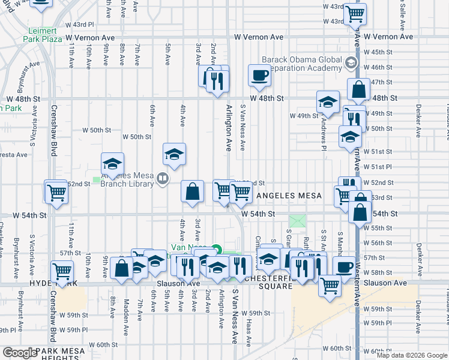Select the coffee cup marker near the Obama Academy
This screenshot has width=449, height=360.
point(259,76)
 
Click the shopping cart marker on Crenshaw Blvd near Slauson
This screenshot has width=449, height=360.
point(62,271)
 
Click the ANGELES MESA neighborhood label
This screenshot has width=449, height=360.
point(289,196)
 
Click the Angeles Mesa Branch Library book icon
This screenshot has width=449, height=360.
point(162,179)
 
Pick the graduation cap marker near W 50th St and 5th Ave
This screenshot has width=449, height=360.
point(174,155)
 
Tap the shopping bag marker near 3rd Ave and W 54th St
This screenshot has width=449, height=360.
point(191,192)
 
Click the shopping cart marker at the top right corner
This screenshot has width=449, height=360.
point(355,13)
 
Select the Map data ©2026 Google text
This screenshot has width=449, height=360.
point(411,355)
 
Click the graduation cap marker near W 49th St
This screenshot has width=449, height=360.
point(328,102)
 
